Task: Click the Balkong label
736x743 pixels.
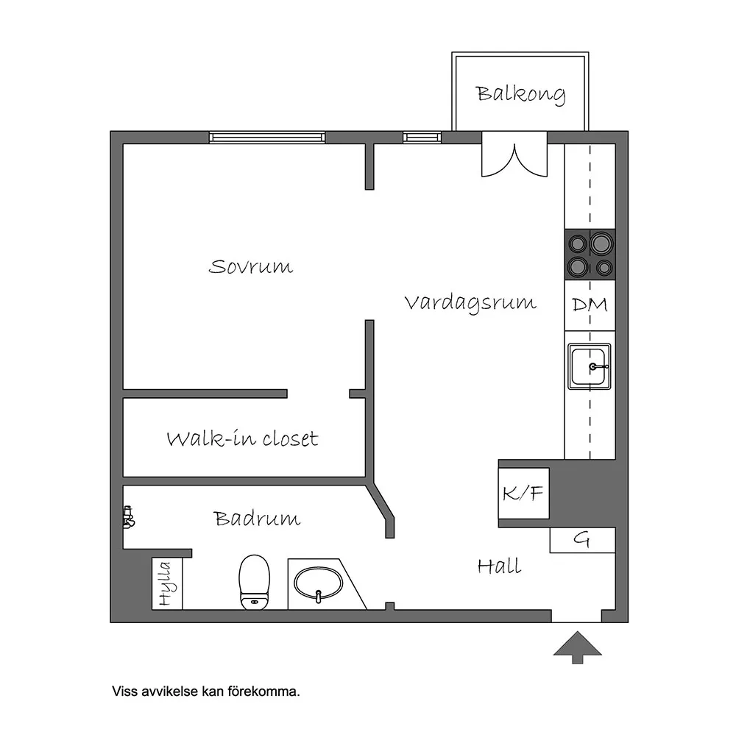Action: [x=520, y=94]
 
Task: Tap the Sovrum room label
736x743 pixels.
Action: [x=250, y=267]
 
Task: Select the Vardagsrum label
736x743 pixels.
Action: [x=470, y=303]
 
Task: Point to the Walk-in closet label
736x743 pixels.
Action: [x=242, y=438]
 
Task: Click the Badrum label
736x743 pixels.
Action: [x=257, y=519]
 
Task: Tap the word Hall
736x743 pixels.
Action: [x=499, y=566]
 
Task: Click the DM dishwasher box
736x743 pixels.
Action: [x=590, y=305]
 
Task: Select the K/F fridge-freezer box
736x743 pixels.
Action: [x=523, y=494]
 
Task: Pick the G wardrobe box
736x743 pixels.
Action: [x=582, y=540]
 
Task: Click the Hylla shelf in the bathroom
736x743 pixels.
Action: [x=167, y=583]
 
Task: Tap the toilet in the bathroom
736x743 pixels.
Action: [x=254, y=583]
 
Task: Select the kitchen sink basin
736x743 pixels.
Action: [x=589, y=367]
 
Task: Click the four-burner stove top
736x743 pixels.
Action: [x=590, y=255]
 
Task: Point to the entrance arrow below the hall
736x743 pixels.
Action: [x=577, y=647]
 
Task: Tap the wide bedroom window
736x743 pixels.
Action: [x=267, y=138]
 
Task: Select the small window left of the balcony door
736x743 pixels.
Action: [x=422, y=138]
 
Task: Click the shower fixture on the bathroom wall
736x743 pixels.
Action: [x=128, y=517]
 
